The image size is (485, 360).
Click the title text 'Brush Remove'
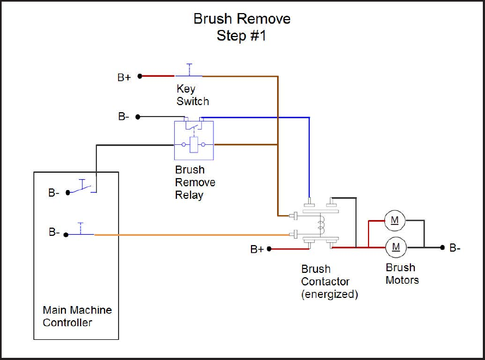(x=242, y=19)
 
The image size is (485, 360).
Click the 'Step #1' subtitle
(x=242, y=36)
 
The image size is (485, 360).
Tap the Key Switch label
(x=192, y=95)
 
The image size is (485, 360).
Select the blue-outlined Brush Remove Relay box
(x=194, y=141)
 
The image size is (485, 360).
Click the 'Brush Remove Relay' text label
(x=195, y=182)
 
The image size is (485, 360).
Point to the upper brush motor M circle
(x=395, y=220)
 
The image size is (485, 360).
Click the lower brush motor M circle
(x=396, y=247)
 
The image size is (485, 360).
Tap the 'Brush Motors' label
(x=402, y=273)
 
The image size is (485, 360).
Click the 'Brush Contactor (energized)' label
(x=329, y=282)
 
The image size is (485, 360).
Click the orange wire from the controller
(x=191, y=235)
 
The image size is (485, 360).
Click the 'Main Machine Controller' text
(x=77, y=316)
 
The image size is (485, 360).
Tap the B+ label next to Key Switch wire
(x=124, y=77)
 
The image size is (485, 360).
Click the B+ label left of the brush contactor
(x=257, y=249)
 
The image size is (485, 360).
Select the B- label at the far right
(x=455, y=248)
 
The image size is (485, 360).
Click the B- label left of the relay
(x=124, y=117)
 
